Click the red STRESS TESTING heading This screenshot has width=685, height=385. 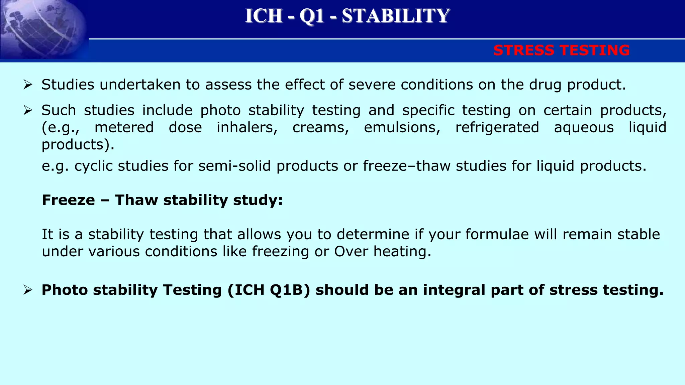pyautogui.click(x=561, y=50)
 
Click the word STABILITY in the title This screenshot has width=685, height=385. pyautogui.click(x=396, y=16)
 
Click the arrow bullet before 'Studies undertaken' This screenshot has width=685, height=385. pyautogui.click(x=28, y=85)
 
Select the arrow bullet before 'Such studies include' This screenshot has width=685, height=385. pyautogui.click(x=28, y=111)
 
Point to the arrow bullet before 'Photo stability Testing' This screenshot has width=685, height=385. pyautogui.click(x=28, y=290)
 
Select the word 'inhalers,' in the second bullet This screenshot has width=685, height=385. pyautogui.click(x=247, y=128)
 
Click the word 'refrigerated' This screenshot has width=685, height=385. pyautogui.click(x=497, y=128)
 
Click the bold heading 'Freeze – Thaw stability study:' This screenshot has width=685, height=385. pyautogui.click(x=162, y=200)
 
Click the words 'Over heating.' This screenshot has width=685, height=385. pyautogui.click(x=383, y=252)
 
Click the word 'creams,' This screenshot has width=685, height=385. pyautogui.click(x=321, y=128)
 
